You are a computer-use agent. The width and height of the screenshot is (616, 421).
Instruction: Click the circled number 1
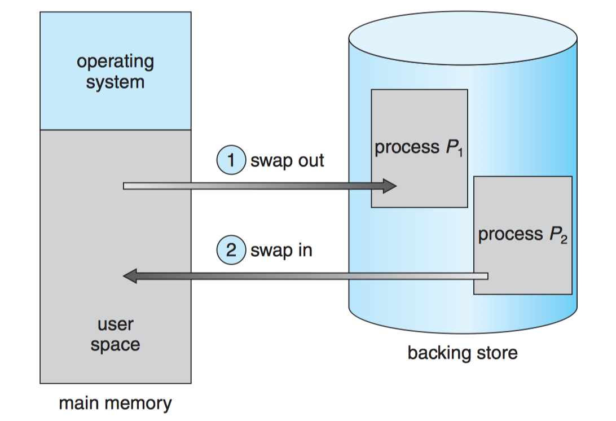[x=230, y=160]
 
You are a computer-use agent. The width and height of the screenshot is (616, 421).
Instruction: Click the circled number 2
[x=231, y=250]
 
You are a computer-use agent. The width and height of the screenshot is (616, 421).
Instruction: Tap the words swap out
[x=287, y=160]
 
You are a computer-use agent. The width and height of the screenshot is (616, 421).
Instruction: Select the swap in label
[x=281, y=250]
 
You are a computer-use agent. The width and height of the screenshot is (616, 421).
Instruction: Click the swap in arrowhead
[x=130, y=276]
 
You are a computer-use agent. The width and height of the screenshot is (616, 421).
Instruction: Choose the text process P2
[x=522, y=234]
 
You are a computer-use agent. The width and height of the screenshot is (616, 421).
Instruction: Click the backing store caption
[x=462, y=353]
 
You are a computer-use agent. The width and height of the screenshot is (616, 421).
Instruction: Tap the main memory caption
[x=115, y=404]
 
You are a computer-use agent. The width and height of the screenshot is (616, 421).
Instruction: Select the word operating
[x=115, y=62]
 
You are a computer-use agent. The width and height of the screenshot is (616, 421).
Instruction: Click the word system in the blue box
[x=115, y=82]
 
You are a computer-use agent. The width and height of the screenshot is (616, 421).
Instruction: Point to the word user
[x=115, y=324]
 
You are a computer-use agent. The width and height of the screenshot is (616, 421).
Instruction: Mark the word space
[x=115, y=344]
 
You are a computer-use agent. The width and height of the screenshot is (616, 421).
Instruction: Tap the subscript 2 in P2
[x=563, y=239]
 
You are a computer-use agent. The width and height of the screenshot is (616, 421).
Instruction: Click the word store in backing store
[x=495, y=353]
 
